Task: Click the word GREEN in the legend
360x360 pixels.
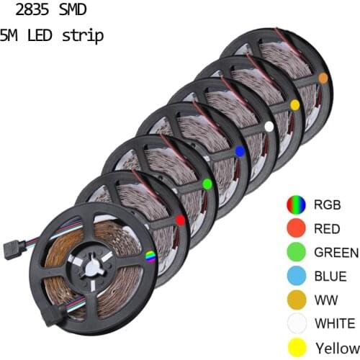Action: (x=336, y=253)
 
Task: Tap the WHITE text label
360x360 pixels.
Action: (x=334, y=323)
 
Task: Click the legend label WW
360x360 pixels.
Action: (x=324, y=300)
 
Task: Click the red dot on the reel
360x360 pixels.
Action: (x=180, y=219)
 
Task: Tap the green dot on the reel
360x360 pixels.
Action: (x=207, y=184)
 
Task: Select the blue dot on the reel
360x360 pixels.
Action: (x=239, y=150)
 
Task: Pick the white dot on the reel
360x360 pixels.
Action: (x=269, y=126)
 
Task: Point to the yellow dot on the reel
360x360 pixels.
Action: (x=294, y=105)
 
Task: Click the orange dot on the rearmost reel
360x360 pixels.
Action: (x=323, y=77)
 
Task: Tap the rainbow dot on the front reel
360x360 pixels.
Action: (x=150, y=256)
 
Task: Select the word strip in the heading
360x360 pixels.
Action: (x=84, y=35)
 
